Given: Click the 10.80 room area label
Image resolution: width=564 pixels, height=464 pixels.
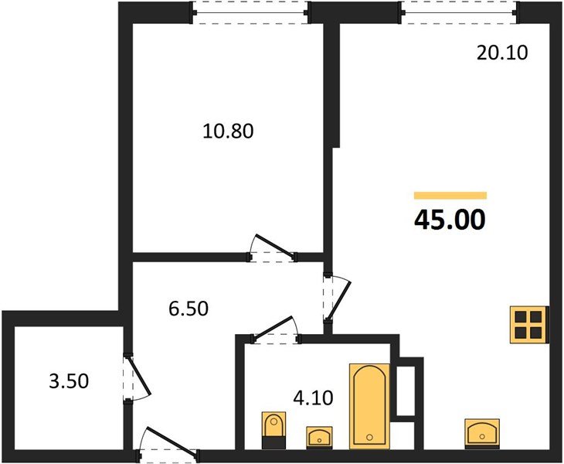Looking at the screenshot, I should (228, 131).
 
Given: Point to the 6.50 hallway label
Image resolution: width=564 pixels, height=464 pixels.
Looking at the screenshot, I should (189, 308).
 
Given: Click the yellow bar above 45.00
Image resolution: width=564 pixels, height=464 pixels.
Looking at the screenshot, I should (450, 196).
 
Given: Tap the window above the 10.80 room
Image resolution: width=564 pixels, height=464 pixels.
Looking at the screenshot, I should (250, 12).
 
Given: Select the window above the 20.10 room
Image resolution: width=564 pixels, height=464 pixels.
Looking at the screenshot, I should (459, 12).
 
